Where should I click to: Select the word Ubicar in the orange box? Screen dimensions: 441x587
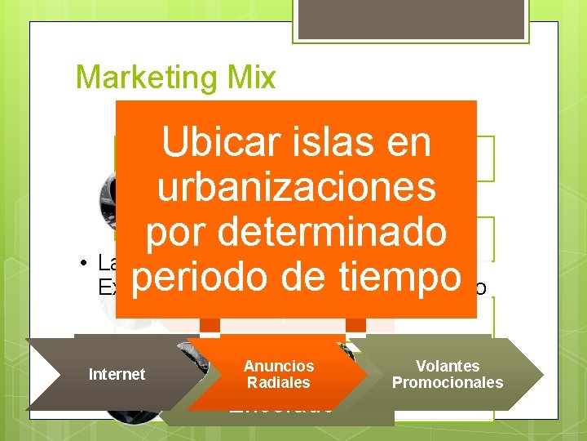(213, 143)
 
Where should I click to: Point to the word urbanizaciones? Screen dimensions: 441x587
(296, 188)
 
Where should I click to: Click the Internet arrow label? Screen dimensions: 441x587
(117, 375)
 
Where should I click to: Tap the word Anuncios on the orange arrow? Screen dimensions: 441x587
(278, 367)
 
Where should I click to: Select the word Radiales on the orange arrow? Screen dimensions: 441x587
(278, 383)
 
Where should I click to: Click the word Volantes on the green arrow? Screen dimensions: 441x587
(447, 367)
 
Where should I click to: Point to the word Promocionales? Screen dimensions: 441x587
(447, 383)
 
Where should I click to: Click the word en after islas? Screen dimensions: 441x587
(408, 143)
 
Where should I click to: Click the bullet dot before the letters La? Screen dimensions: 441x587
(84, 263)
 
